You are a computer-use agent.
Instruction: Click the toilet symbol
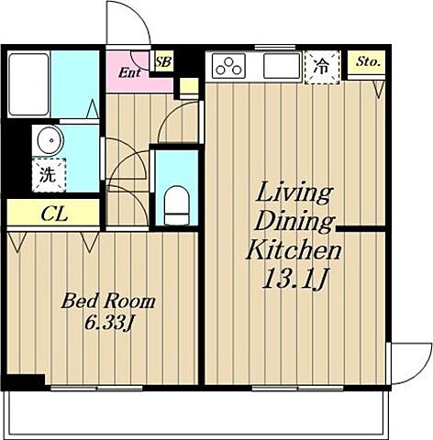coord(176,205)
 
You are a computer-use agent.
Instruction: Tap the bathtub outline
coord(28,84)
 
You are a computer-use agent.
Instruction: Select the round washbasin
coord(50,140)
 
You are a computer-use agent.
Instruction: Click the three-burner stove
coord(228,66)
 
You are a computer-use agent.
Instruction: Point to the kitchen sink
coord(282,66)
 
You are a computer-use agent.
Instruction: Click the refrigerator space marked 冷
coord(322,67)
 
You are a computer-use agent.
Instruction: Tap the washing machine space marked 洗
coord(49,175)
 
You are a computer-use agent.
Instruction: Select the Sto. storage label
coord(368,62)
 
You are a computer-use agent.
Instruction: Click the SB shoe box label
coord(163,62)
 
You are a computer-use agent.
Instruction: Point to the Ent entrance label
coord(129,72)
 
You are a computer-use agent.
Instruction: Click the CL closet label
coord(54,214)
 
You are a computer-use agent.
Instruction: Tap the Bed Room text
coord(108,301)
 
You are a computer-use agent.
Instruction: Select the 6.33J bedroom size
coord(108,323)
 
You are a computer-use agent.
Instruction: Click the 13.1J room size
coord(294,279)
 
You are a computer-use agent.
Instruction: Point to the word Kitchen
coord(294,249)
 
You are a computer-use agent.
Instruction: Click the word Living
coord(294,193)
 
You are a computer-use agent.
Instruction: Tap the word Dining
coord(294,221)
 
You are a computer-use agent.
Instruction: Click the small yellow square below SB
coord(189,86)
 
